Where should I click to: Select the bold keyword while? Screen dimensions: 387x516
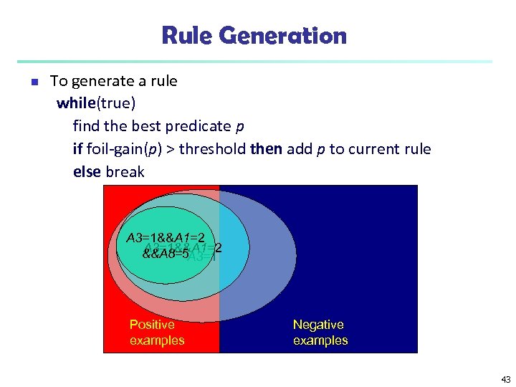point(75,103)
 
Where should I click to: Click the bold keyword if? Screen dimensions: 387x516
point(77,149)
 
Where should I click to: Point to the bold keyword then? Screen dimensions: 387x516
point(266,149)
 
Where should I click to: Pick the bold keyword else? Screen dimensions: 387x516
point(87,172)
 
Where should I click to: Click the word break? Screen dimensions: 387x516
point(125,172)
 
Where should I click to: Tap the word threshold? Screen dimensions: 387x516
point(213,149)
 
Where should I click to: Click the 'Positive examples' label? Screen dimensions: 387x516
point(156,333)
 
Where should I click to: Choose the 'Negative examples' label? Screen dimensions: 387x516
point(320,333)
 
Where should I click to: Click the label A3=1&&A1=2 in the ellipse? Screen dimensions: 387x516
point(166,238)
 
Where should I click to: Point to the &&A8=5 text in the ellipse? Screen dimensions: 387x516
point(165,253)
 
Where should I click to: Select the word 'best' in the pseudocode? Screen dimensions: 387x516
point(148,126)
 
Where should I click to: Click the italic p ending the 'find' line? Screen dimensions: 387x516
point(239,127)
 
